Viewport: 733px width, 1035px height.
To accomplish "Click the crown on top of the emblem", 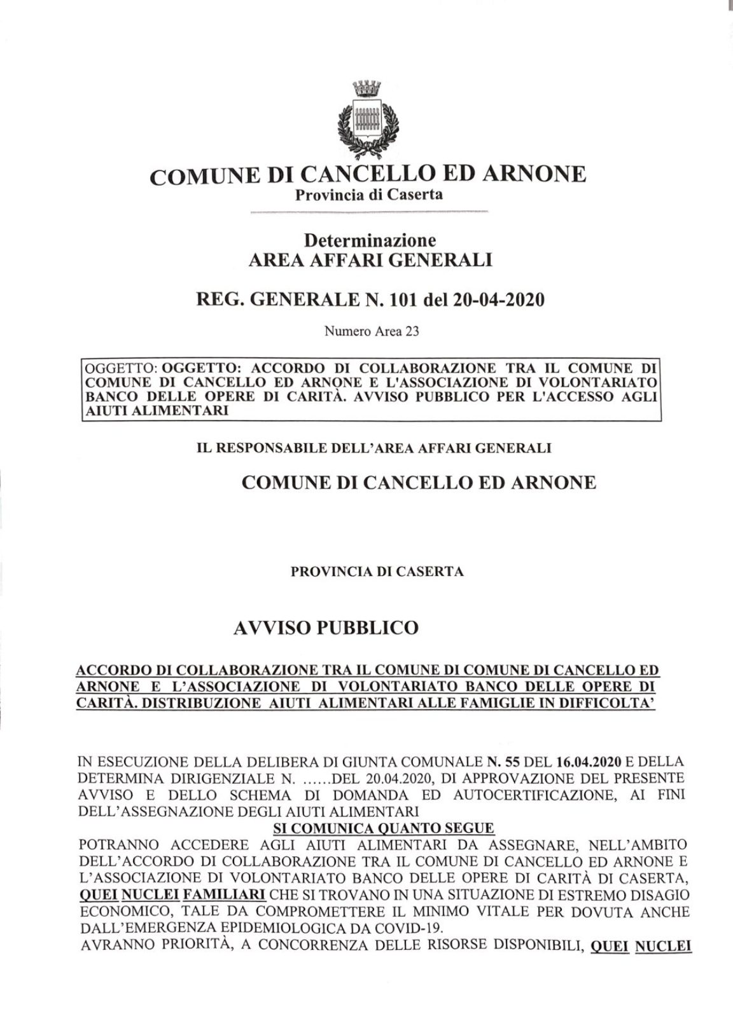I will click(366, 86).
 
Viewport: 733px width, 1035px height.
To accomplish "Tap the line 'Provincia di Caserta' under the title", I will click(368, 194).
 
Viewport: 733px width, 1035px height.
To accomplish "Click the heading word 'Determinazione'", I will click(370, 240).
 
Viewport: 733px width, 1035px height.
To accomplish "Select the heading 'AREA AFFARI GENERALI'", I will click(370, 259).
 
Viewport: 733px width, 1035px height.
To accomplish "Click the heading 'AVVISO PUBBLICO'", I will click(326, 627).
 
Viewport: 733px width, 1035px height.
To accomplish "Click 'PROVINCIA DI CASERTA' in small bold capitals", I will click(377, 571).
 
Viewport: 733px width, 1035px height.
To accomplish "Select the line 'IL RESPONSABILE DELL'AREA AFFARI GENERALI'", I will click(374, 448).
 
